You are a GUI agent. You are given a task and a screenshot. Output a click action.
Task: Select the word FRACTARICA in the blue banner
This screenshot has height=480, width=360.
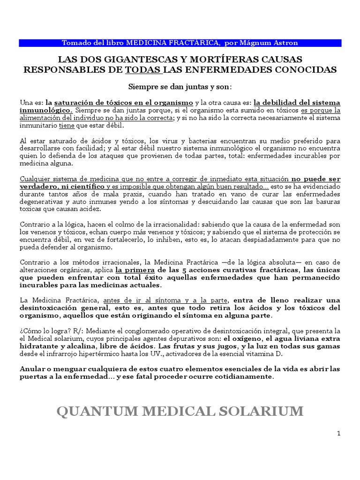click(x=196, y=43)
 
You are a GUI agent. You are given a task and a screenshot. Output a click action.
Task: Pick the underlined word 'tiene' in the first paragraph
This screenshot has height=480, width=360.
click(x=66, y=126)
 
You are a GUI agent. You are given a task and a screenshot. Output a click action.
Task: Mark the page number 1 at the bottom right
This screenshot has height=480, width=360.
click(x=338, y=434)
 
